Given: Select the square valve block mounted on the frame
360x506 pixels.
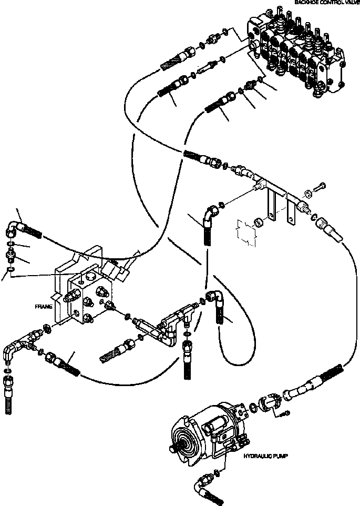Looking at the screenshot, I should pyautogui.click(x=89, y=297).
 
